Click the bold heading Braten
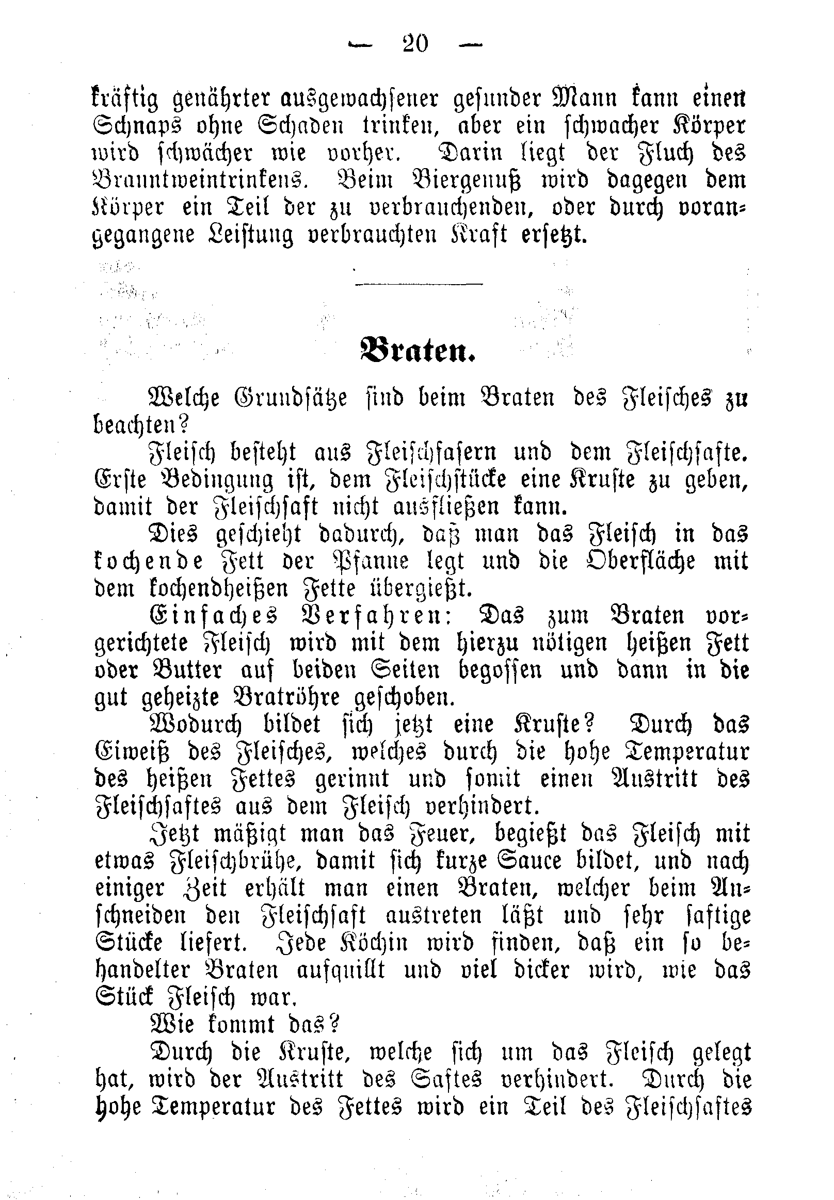[417, 352]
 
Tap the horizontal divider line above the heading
[419, 284]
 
